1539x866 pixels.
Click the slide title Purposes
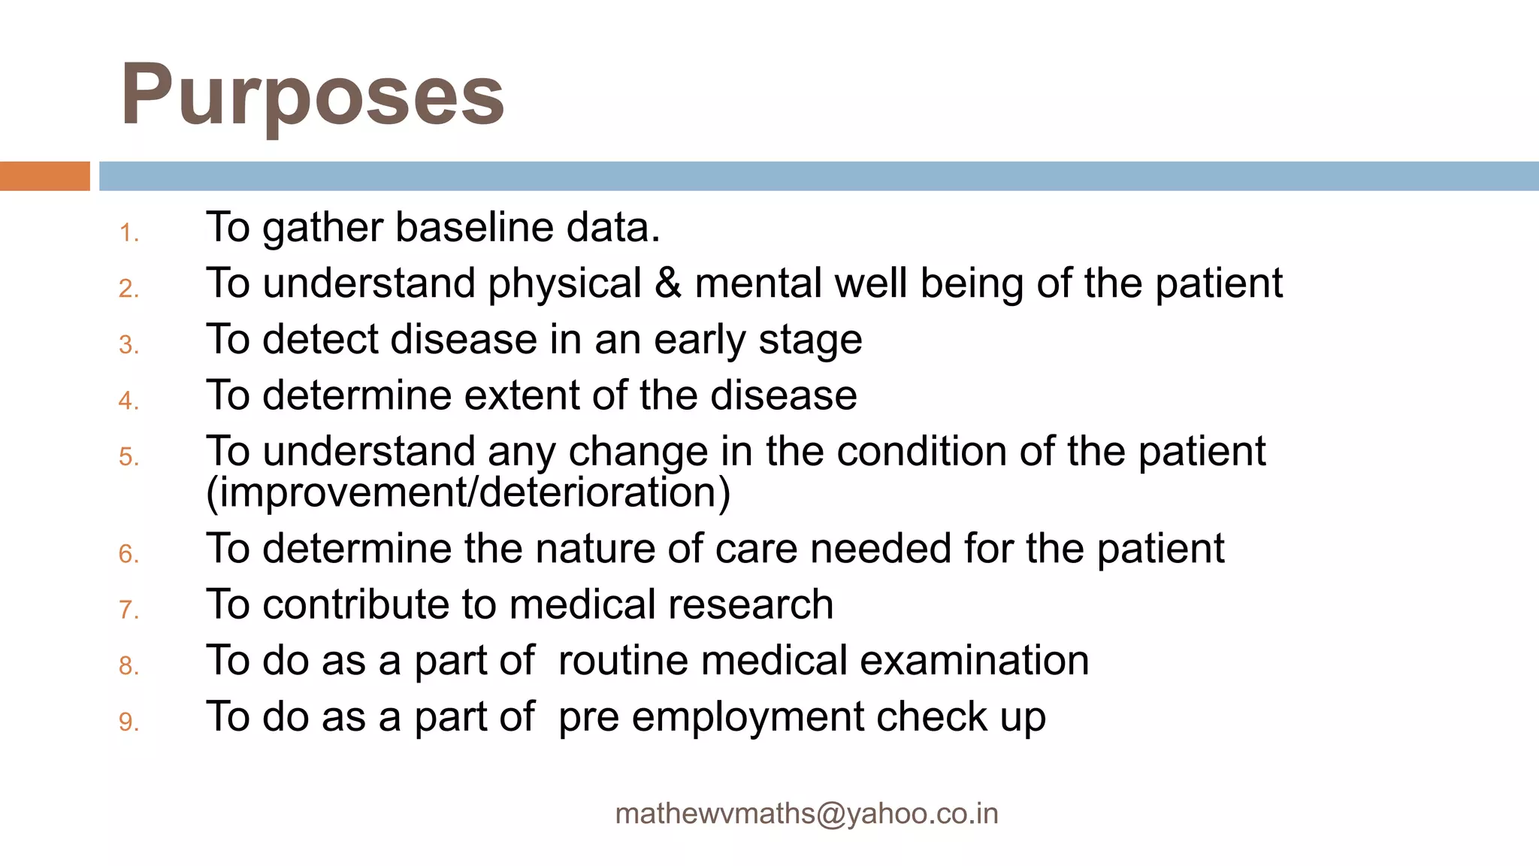(x=312, y=95)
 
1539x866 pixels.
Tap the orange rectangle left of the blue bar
(x=44, y=176)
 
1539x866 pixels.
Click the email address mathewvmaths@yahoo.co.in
(x=806, y=813)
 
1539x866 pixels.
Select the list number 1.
(x=129, y=233)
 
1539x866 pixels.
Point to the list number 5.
(x=129, y=457)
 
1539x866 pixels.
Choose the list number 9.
(x=129, y=722)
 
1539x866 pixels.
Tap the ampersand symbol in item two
(x=668, y=283)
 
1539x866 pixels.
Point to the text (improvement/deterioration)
(x=468, y=493)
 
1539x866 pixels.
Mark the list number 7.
(x=129, y=610)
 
